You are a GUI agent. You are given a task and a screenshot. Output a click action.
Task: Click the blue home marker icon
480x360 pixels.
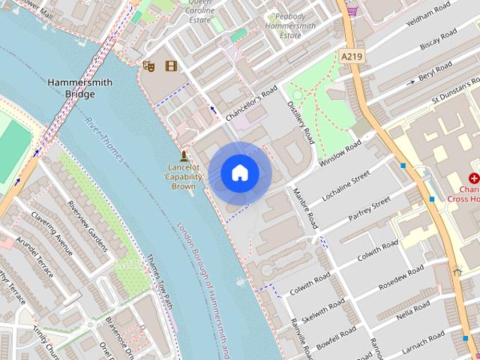(x=239, y=173)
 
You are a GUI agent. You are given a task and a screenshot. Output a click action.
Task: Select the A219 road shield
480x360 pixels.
(x=351, y=55)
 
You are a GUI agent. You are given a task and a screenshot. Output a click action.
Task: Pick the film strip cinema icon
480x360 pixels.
(x=172, y=66)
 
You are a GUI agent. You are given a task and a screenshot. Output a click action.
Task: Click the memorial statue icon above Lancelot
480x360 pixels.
(x=183, y=155)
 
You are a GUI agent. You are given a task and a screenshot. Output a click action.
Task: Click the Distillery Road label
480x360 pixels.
(x=301, y=123)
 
